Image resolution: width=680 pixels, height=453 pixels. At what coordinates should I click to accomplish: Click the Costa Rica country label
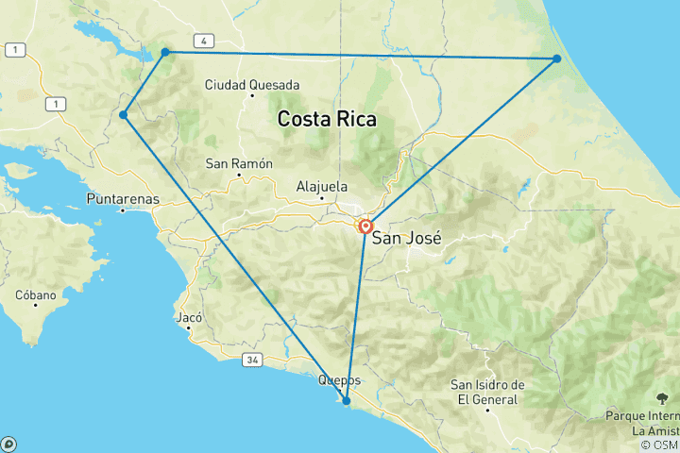[326, 120]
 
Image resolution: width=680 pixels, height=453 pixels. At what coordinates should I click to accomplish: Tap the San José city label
[406, 238]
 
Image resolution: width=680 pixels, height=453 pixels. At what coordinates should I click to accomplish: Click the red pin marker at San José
[365, 226]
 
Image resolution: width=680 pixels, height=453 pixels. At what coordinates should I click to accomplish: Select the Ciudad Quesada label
[252, 84]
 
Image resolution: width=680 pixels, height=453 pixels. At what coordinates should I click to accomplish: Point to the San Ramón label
[239, 163]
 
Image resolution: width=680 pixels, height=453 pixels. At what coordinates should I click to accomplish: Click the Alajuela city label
[322, 186]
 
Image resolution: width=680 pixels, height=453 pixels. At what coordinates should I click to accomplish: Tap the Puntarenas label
[123, 199]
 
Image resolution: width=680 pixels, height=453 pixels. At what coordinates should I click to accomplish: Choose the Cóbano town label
[36, 295]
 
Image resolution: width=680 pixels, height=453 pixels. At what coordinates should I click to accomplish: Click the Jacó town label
[190, 318]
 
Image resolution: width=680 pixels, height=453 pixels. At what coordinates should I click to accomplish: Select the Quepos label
[340, 380]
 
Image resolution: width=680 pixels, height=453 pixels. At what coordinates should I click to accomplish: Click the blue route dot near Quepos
[347, 401]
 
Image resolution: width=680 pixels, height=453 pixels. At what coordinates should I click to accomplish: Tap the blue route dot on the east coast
[557, 59]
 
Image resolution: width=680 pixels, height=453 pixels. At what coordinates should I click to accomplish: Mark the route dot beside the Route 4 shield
[165, 52]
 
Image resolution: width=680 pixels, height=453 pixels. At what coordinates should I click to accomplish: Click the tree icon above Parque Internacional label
[660, 398]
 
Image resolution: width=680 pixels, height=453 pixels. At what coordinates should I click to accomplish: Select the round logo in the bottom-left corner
[8, 444]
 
